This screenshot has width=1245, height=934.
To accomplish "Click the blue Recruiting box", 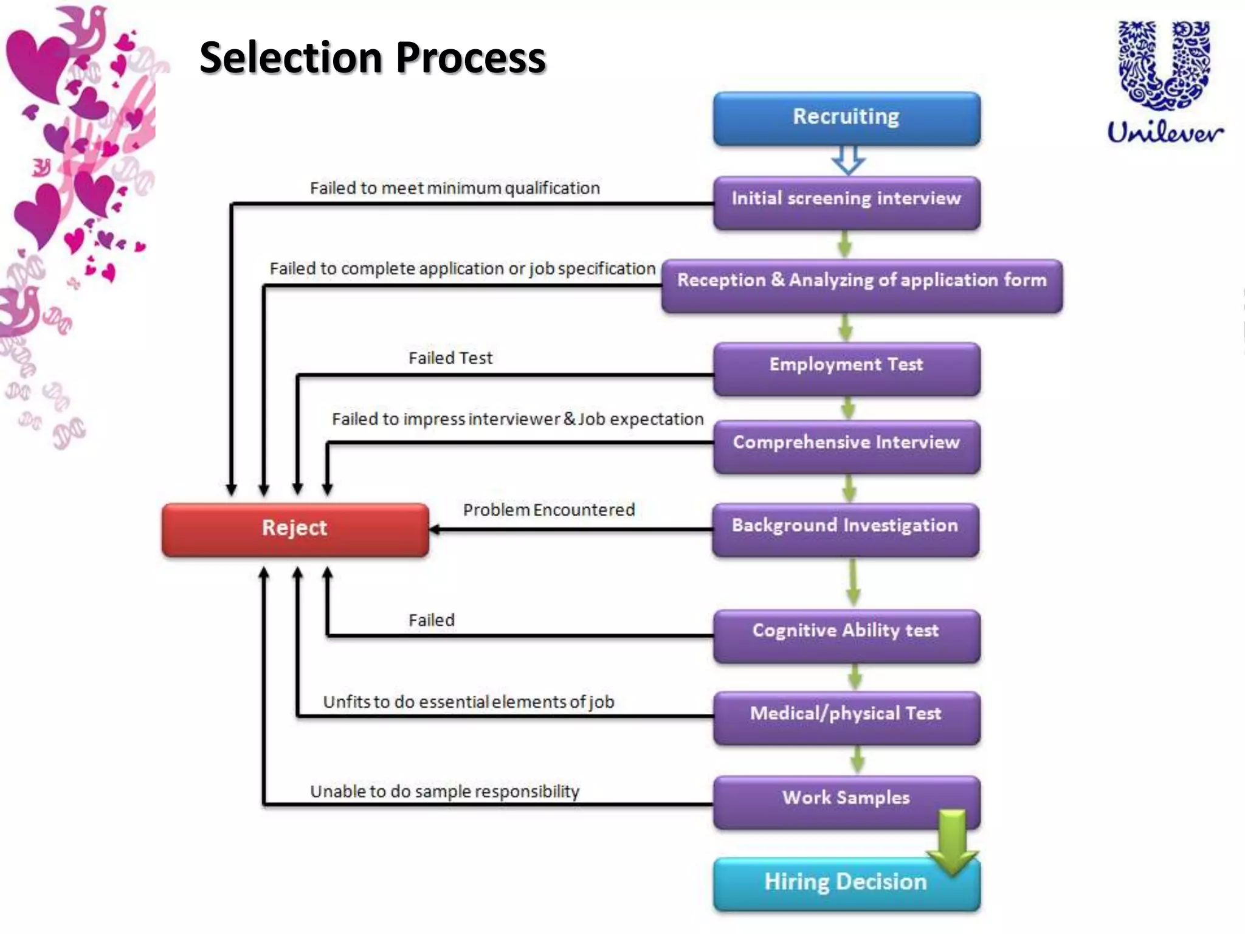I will pos(846,118).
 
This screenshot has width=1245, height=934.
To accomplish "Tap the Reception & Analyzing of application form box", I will pos(861,285).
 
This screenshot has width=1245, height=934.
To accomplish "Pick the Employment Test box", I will pos(846,368).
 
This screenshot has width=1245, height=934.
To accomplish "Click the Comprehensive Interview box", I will pos(846,446).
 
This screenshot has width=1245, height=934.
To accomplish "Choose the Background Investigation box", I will pos(845,528).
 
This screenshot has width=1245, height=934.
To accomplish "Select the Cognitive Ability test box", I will pos(846,634).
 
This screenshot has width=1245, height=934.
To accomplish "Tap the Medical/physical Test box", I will pos(846,717).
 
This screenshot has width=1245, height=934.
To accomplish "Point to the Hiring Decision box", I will pos(845,883).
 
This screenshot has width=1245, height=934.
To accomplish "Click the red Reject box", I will pos(295,528).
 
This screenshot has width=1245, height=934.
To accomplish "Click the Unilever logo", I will pos(1164,82).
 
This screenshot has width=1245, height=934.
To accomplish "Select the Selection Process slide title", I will pos(373,58).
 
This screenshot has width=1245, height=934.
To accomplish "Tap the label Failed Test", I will pos(450,358).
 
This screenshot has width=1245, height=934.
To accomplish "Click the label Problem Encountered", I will pos(548,510).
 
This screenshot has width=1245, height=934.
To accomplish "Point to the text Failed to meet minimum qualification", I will pos(455,188).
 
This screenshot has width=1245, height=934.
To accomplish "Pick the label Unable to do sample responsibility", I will pos(444,791).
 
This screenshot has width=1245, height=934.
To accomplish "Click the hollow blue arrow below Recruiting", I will pos(847,159).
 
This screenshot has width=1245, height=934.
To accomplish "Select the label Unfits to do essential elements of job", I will pos(468,702).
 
